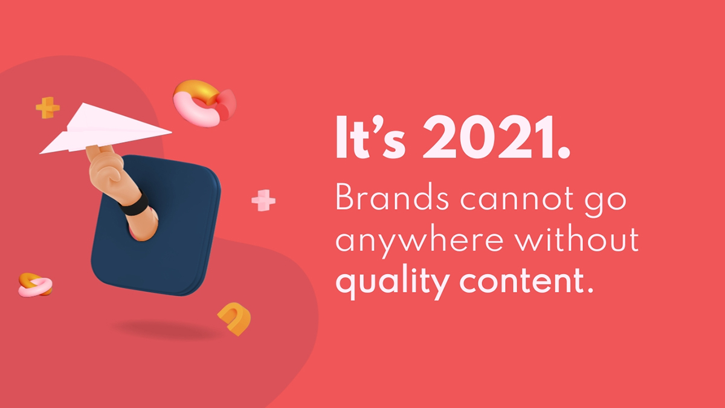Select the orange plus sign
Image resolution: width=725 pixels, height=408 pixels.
[x=47, y=108]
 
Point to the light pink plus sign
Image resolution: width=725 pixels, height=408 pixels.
[x=263, y=200]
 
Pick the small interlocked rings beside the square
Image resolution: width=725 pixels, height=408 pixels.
[x=35, y=284]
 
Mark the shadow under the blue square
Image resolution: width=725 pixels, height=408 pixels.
[x=163, y=329]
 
